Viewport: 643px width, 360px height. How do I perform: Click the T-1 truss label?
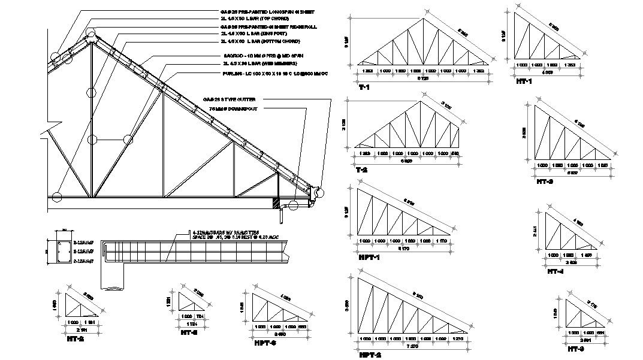click(x=363, y=87)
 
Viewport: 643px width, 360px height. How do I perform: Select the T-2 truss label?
click(x=361, y=170)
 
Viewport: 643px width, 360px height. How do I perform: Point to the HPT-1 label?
click(x=369, y=257)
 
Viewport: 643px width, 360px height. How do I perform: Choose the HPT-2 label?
click(x=370, y=355)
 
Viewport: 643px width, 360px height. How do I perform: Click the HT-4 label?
click(x=555, y=271)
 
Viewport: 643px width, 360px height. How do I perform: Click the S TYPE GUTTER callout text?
click(x=227, y=98)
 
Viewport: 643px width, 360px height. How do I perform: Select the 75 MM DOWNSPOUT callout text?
click(x=234, y=109)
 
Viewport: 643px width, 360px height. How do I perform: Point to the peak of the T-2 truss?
click(x=424, y=101)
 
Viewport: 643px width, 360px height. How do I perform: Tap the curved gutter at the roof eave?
click(x=318, y=192)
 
